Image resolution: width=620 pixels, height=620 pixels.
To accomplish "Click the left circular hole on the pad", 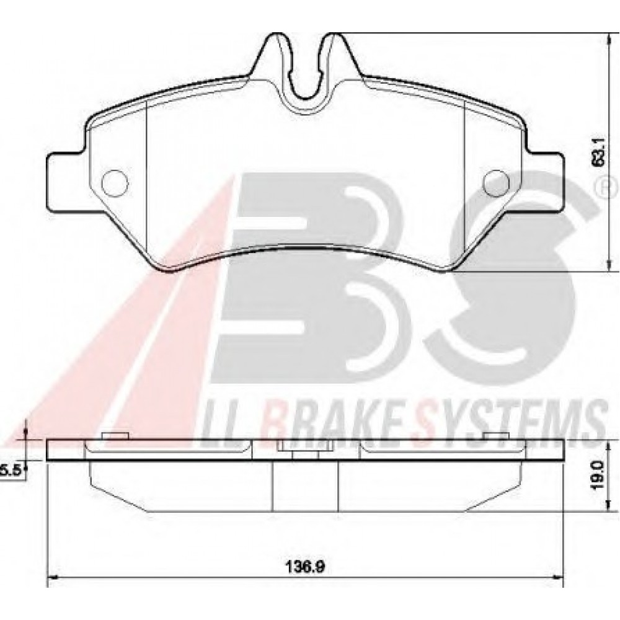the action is click(x=115, y=183).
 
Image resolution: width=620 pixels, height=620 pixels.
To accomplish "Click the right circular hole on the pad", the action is click(x=497, y=183).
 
